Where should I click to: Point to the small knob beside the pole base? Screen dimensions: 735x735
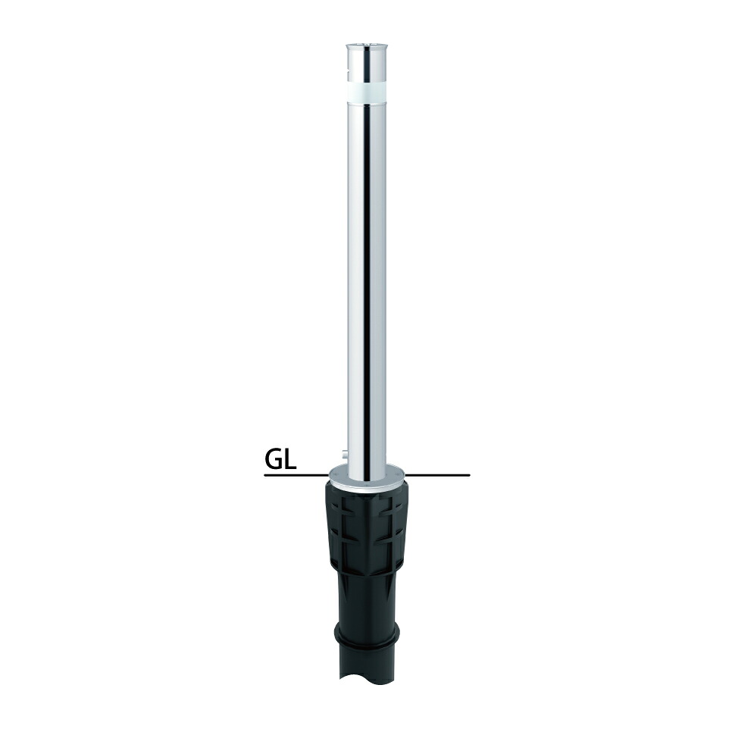click(x=345, y=454)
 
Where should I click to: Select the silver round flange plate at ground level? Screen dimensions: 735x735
click(x=367, y=477)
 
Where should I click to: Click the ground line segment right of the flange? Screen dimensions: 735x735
click(x=437, y=475)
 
